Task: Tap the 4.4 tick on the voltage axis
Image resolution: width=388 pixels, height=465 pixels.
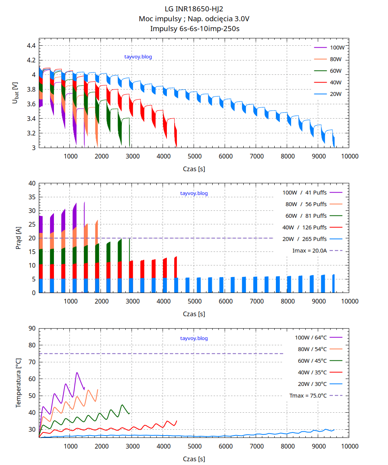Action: click(x=31, y=46)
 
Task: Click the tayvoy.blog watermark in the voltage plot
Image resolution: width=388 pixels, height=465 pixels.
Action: click(x=138, y=57)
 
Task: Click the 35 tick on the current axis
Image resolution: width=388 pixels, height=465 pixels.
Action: click(x=32, y=197)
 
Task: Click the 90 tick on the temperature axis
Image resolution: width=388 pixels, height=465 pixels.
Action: click(x=32, y=328)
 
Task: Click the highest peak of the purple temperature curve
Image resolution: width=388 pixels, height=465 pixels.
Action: click(x=77, y=373)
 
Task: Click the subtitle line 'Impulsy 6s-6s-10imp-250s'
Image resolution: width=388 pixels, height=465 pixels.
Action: click(x=194, y=28)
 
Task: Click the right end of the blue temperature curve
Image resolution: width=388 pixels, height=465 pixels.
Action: click(x=334, y=429)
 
